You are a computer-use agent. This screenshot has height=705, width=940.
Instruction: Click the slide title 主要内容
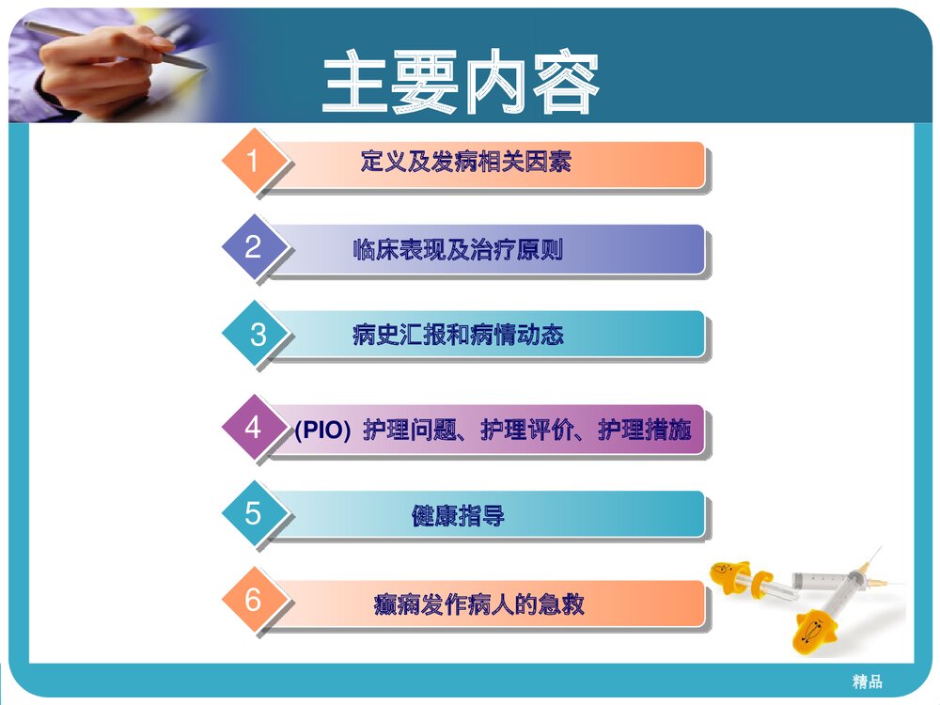coord(461,85)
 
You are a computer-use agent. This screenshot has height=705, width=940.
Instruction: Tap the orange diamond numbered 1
coord(252,163)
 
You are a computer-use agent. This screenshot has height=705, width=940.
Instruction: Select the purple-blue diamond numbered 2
coord(252,248)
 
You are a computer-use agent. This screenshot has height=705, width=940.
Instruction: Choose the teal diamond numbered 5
coord(252,513)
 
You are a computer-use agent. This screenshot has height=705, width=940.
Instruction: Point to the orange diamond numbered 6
coord(252,600)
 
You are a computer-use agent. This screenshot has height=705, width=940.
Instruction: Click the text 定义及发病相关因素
coord(465,163)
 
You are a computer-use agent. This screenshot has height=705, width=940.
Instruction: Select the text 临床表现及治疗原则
coord(458,250)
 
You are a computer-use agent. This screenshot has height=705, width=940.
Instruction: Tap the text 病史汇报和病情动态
coord(458,335)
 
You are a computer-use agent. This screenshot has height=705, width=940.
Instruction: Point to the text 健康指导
coord(458,516)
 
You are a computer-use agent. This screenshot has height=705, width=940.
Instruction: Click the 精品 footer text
coord(867,681)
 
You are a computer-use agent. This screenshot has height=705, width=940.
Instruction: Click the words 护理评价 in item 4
coord(526,431)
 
